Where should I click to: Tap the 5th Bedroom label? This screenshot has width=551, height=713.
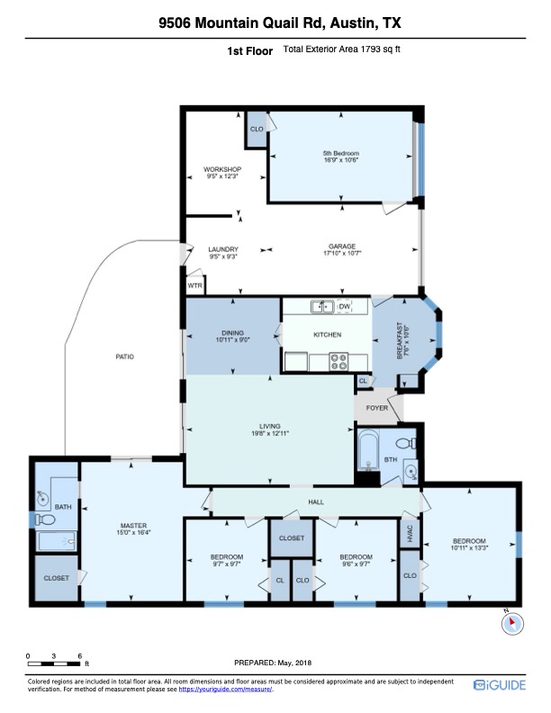340,153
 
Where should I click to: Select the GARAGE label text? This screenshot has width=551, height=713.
341,247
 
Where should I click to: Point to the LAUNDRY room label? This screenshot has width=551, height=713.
222,249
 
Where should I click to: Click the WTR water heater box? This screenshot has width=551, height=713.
195,285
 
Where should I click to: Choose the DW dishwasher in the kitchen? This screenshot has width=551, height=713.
344,307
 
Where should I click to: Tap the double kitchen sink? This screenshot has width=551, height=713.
321,307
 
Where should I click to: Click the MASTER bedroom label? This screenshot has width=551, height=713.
133,526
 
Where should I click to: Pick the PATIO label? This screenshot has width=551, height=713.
124,356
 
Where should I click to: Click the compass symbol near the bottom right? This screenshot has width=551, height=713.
510,620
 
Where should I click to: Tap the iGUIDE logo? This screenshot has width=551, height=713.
505,686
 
